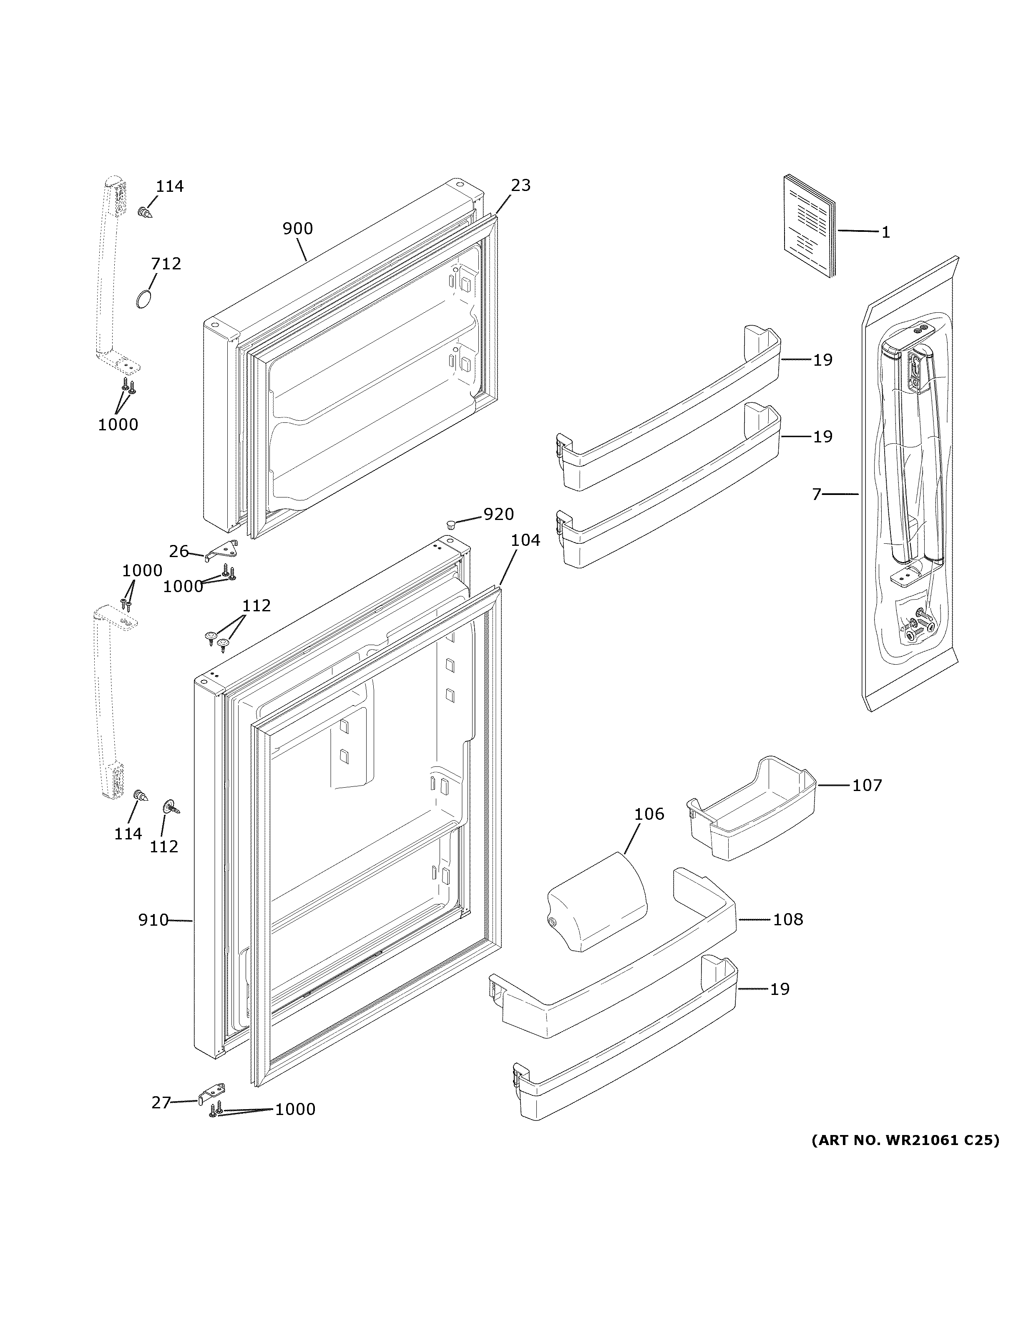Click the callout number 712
tap(166, 264)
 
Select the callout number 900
tap(298, 229)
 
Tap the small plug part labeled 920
tap(450, 522)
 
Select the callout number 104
tap(525, 540)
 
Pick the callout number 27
tap(161, 1103)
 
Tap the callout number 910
tap(153, 920)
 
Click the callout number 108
tap(788, 919)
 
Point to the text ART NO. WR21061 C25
tap(905, 1140)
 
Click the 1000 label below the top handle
tap(118, 424)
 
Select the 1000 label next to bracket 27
tap(295, 1109)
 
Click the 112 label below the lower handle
tap(164, 846)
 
